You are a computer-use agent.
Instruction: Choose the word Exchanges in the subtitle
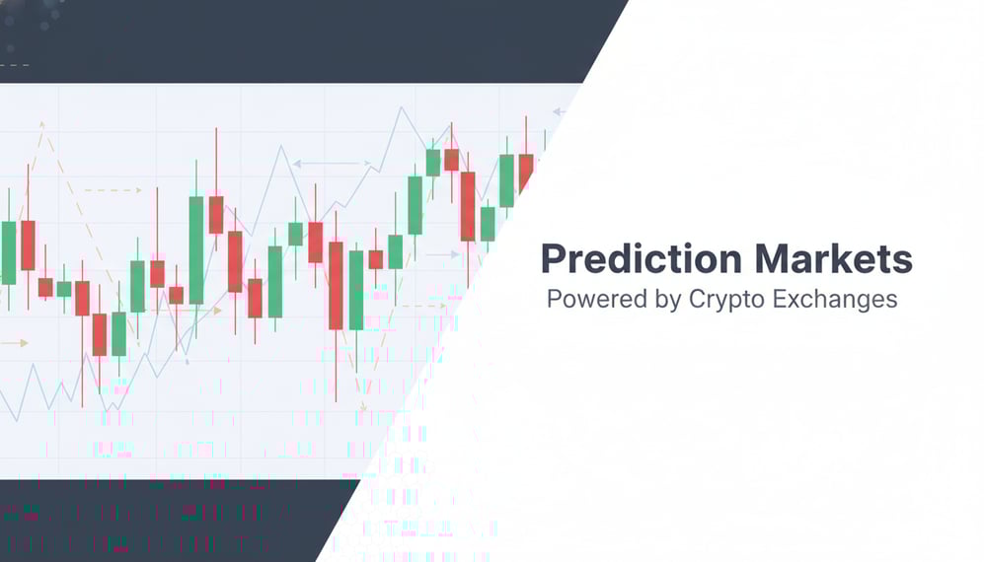tap(838, 300)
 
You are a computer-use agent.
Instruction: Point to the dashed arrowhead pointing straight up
tap(42, 125)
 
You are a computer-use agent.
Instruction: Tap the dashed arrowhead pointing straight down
tap(362, 405)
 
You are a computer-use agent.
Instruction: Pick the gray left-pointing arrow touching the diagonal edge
tap(560, 112)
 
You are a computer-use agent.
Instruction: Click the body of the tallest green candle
tap(196, 249)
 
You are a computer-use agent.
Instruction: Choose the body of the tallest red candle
tap(336, 285)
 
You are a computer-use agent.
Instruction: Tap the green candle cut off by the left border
tap(8, 252)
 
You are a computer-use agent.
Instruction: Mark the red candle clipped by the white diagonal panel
tap(525, 172)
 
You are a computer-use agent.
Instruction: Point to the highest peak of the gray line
tap(401, 107)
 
